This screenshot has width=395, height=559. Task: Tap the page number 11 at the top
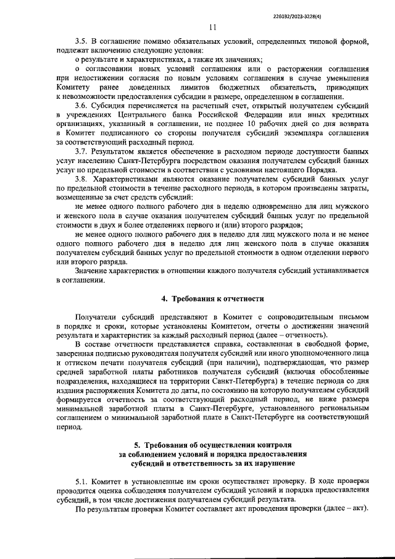(x=212, y=27)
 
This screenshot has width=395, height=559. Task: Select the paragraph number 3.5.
(x=81, y=42)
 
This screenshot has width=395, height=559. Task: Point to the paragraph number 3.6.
(x=81, y=106)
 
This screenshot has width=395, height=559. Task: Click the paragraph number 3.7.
(x=81, y=151)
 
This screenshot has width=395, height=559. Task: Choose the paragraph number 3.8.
(x=81, y=178)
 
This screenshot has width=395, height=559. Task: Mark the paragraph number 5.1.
(x=81, y=481)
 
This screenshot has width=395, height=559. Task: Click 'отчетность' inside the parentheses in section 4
(x=302, y=335)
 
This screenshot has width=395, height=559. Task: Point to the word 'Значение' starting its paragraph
(x=92, y=269)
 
